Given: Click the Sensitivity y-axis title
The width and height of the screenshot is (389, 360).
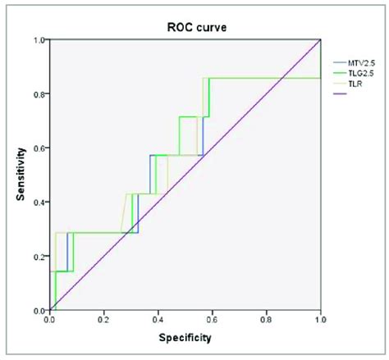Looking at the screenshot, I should tap(20, 175).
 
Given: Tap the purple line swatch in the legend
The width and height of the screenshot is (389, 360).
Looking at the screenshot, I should tap(339, 93).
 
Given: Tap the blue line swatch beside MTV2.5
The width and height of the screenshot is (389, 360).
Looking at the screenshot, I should tap(339, 62).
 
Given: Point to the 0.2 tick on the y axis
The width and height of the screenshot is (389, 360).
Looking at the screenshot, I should tap(39, 257).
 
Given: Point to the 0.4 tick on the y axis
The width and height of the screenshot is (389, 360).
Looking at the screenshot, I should tap(39, 203).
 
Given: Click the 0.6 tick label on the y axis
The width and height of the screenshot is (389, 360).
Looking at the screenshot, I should tap(39, 148).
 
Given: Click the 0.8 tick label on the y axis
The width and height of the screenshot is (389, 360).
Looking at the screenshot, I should tap(39, 93).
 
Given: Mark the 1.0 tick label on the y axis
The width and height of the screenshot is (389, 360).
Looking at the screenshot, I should tap(39, 39).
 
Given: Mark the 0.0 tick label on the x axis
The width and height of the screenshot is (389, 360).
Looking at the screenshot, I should tap(50, 321).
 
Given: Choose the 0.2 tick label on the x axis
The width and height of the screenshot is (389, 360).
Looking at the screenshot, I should tap(104, 321).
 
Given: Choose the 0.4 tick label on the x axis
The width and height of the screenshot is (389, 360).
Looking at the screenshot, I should tap(158, 321).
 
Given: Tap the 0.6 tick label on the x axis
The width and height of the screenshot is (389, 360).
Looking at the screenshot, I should tap(213, 321).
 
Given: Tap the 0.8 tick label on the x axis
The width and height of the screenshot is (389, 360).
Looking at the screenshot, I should tap(267, 321).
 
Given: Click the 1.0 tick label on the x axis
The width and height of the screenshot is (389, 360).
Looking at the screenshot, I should tap(320, 321).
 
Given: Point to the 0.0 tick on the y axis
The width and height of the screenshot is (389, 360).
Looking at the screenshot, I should tap(39, 311).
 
